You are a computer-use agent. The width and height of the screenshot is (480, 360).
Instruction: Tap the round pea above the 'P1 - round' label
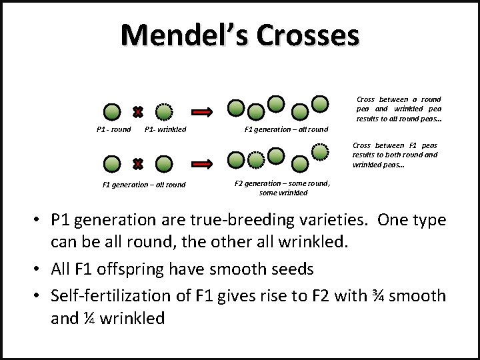point(112,111)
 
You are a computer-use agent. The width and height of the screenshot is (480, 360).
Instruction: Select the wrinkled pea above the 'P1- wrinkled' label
point(164,111)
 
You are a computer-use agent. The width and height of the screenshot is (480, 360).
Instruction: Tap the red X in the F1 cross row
point(137,163)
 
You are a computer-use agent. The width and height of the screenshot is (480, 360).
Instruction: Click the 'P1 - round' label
point(113,129)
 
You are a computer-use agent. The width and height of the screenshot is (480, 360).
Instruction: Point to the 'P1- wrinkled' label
point(165,129)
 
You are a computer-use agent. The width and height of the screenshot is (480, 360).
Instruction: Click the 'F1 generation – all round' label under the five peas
point(286,129)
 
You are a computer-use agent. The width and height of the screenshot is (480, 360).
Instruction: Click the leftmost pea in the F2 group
point(235,159)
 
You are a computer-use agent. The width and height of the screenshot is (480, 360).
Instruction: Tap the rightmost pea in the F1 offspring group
point(321,103)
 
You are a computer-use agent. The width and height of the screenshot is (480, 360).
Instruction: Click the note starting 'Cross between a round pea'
point(398,109)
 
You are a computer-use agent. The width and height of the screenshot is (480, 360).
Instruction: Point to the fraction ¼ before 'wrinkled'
point(89,318)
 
